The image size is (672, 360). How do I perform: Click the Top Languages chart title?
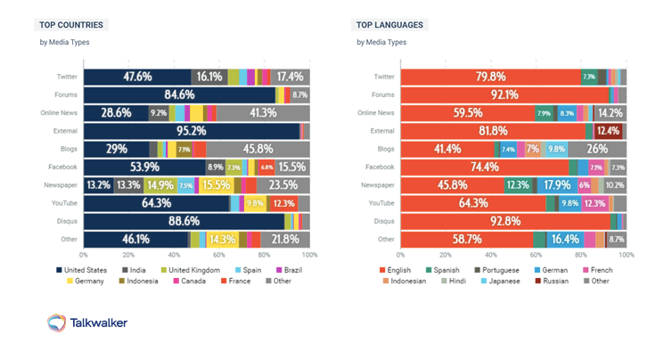[x=389, y=25]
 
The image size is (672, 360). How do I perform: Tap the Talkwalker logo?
[x=86, y=323]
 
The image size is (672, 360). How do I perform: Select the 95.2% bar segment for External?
[x=191, y=131]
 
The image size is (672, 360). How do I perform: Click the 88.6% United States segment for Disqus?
[x=184, y=221]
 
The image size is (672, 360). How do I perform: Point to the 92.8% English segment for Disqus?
[x=505, y=221]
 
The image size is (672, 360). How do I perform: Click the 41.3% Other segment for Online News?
[x=263, y=113]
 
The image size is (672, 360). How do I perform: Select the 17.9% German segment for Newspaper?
[x=557, y=185]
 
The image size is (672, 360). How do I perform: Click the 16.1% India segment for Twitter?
[x=209, y=77]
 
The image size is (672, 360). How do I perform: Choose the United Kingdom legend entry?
[x=189, y=269]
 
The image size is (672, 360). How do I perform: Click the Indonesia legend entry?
[x=139, y=281]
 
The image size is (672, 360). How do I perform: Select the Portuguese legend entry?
[x=504, y=269]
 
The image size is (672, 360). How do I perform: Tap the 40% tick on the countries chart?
[x=174, y=255]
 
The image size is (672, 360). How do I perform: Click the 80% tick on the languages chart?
[x=581, y=255]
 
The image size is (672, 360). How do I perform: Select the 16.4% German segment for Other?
[x=565, y=240]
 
